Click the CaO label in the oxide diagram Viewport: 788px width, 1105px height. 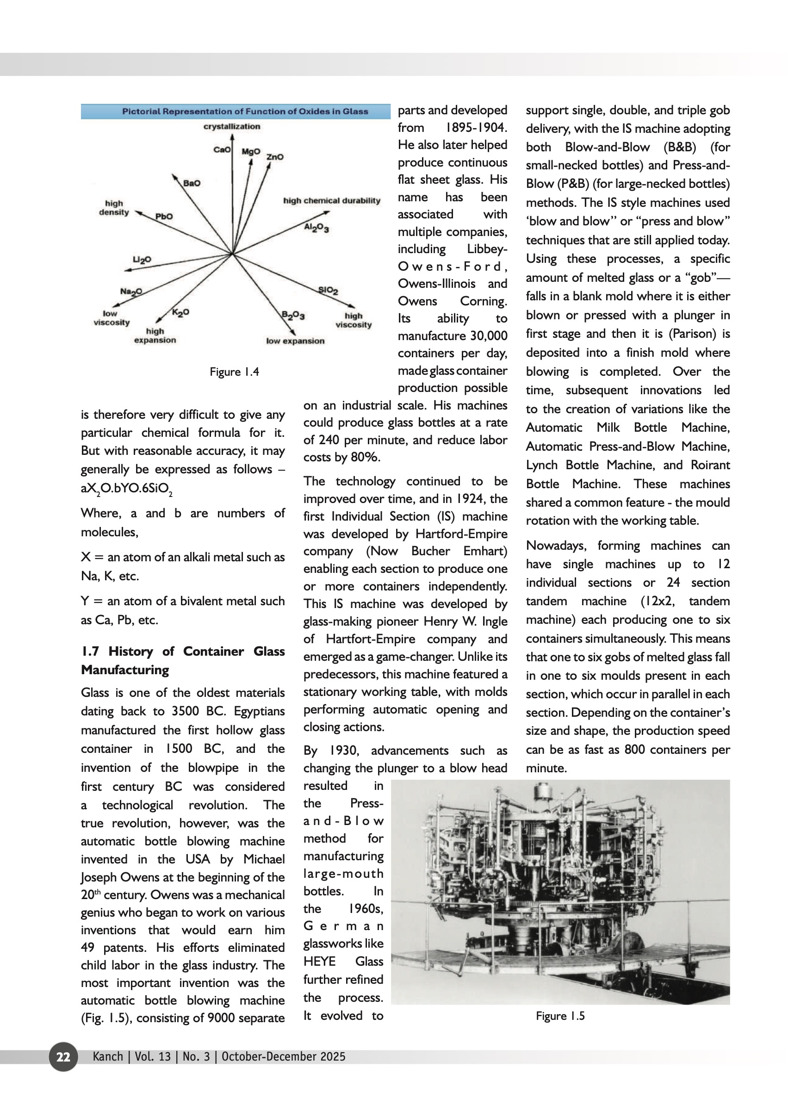pos(222,149)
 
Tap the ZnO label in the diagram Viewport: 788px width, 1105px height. pos(275,157)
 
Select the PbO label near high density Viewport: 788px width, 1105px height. pos(163,217)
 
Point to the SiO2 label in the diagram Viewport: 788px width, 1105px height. pos(328,290)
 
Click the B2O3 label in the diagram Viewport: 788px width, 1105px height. pos(293,316)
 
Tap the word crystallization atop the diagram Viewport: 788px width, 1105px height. pos(231,126)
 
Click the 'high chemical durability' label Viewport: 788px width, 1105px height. pos(331,200)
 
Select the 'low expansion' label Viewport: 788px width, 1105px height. pos(295,341)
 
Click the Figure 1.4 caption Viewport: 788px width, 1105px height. pos(234,372)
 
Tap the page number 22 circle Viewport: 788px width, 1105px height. pos(63,1056)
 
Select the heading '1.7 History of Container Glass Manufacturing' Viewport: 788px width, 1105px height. pos(182,660)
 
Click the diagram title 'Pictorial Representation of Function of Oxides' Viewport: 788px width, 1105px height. pos(245,111)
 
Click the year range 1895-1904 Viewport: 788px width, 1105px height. pos(476,128)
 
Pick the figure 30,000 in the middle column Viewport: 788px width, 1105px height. pos(488,336)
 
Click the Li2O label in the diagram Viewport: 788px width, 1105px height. pos(142,260)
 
